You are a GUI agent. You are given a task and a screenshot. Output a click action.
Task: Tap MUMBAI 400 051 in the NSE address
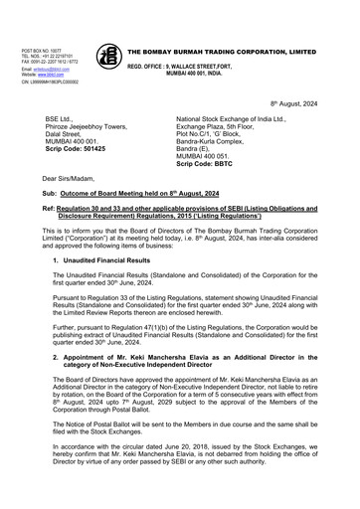[x=207, y=155]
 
